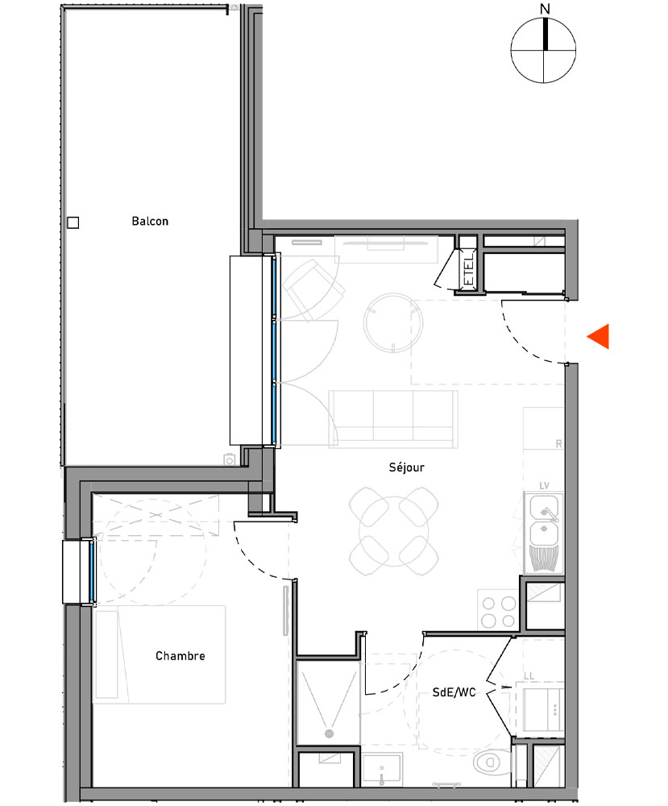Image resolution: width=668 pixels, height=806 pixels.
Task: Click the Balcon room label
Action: [150, 221]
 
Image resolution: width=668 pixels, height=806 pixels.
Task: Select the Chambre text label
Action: [180, 655]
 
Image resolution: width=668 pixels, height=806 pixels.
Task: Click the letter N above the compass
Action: [546, 9]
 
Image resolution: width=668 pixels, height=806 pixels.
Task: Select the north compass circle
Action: [546, 51]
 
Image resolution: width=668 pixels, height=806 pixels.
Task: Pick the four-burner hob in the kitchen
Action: [498, 610]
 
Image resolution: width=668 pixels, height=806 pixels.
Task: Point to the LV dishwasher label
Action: [543, 486]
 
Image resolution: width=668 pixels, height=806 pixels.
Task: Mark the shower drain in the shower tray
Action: [329, 733]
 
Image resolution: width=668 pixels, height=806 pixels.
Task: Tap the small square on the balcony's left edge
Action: [73, 223]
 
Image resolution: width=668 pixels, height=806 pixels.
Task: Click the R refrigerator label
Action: [558, 443]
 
